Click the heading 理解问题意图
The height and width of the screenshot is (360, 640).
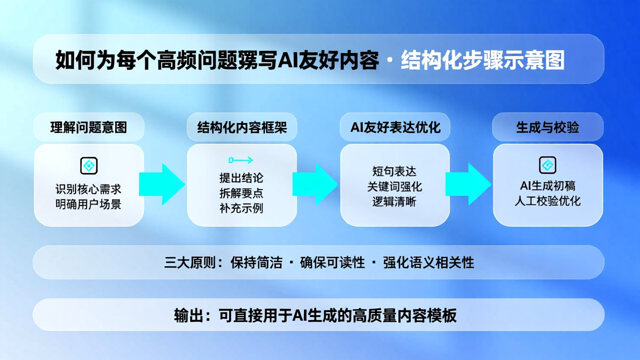pyautogui.click(x=88, y=127)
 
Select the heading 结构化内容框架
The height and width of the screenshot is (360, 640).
pyautogui.click(x=242, y=127)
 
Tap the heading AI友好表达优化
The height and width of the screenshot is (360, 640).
pyautogui.click(x=395, y=127)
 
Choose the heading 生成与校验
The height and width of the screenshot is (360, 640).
pyautogui.click(x=547, y=127)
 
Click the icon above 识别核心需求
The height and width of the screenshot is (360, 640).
pyautogui.click(x=89, y=165)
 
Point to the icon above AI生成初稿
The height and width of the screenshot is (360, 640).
pyautogui.click(x=547, y=165)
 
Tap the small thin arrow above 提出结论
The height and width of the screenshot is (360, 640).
pyautogui.click(x=240, y=160)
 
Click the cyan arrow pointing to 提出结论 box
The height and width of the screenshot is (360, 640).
pyautogui.click(x=162, y=184)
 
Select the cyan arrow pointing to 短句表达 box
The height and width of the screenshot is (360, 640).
pyautogui.click(x=315, y=184)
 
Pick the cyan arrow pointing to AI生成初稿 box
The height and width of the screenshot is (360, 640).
pyautogui.click(x=468, y=184)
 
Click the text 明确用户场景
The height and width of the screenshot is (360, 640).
pyautogui.click(x=88, y=204)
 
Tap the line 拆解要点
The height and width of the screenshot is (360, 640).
pyautogui.click(x=241, y=193)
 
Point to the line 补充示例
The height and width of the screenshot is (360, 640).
pyautogui.click(x=241, y=208)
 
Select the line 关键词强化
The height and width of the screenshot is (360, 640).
pyautogui.click(x=394, y=186)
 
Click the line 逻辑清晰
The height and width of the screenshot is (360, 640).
pyautogui.click(x=394, y=201)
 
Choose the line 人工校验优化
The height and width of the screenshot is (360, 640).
pyautogui.click(x=547, y=201)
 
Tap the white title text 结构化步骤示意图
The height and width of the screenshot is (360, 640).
pyautogui.click(x=482, y=59)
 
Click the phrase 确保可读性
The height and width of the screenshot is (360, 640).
pyautogui.click(x=332, y=262)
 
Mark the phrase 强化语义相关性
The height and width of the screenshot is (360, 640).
pyautogui.click(x=428, y=262)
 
